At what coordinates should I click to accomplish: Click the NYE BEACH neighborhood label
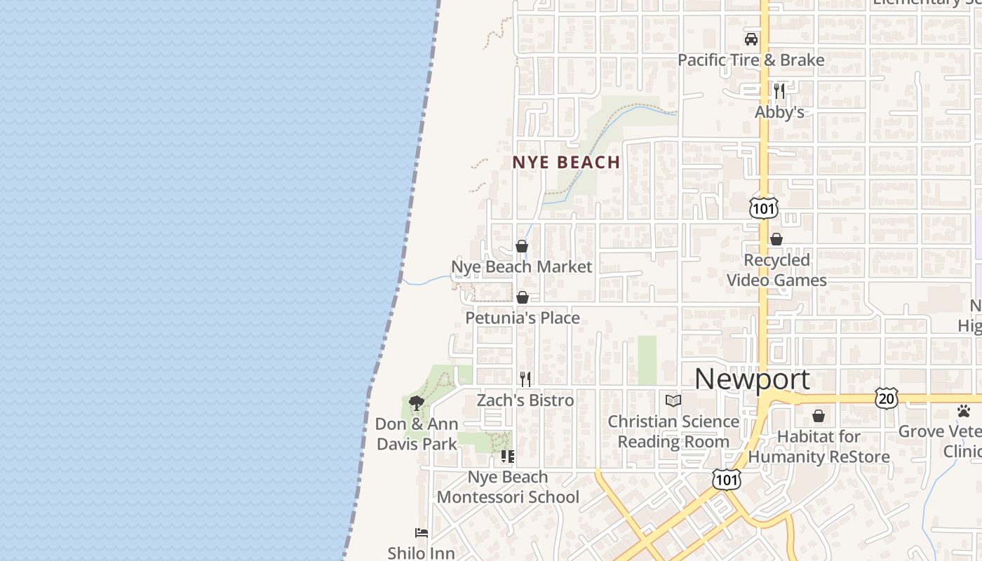(x=566, y=162)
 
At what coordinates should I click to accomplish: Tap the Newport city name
(x=752, y=379)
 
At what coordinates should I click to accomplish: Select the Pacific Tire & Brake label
(x=751, y=60)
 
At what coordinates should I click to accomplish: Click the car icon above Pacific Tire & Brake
(x=751, y=39)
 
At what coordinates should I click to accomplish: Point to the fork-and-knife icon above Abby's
(x=779, y=91)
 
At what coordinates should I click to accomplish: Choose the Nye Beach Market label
(x=521, y=267)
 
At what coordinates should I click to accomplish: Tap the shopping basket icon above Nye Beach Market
(x=522, y=246)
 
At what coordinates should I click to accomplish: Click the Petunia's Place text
(x=523, y=318)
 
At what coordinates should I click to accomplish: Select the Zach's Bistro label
(x=525, y=400)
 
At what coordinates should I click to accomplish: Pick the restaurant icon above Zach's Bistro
(x=525, y=379)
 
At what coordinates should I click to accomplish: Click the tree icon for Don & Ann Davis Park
(x=417, y=403)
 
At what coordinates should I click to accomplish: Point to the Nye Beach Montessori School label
(x=508, y=487)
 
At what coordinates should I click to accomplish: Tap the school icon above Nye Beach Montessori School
(x=508, y=457)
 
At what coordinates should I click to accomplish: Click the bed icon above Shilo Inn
(x=422, y=533)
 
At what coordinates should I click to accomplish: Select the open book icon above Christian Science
(x=673, y=400)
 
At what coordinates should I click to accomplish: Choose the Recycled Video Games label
(x=776, y=270)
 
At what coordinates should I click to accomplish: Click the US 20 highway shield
(x=887, y=398)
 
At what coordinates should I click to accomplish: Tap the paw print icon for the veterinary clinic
(x=964, y=411)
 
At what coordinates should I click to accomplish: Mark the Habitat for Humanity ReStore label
(x=819, y=447)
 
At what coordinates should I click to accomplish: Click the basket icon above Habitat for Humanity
(x=818, y=417)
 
